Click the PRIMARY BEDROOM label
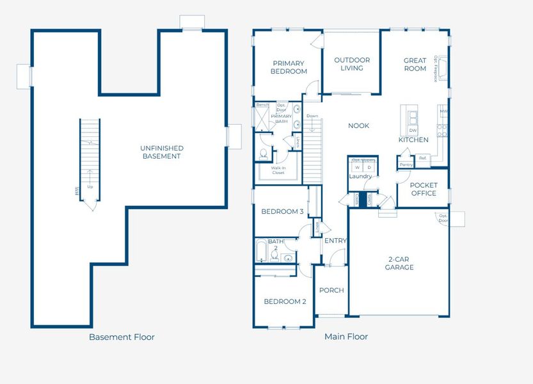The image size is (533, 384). (x=288, y=67)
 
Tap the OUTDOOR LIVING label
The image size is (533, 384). (x=352, y=64)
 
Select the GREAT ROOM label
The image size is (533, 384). (x=415, y=65)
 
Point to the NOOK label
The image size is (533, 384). (x=358, y=126)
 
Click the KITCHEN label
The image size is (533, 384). (x=413, y=140)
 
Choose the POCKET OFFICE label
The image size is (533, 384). (x=423, y=189)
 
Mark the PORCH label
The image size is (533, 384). (x=331, y=290)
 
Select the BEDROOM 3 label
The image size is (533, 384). (x=282, y=212)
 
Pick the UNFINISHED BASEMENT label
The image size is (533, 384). (x=161, y=152)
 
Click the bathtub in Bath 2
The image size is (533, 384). (x=262, y=251)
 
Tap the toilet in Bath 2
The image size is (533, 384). (x=274, y=256)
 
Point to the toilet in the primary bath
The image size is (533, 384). (x=263, y=154)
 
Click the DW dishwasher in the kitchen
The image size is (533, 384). (x=413, y=130)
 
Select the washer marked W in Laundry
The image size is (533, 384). (x=358, y=167)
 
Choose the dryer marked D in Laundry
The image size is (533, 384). (x=369, y=167)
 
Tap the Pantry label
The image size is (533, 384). (x=406, y=164)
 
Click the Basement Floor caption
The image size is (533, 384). (x=122, y=337)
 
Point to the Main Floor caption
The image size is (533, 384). (x=346, y=337)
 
